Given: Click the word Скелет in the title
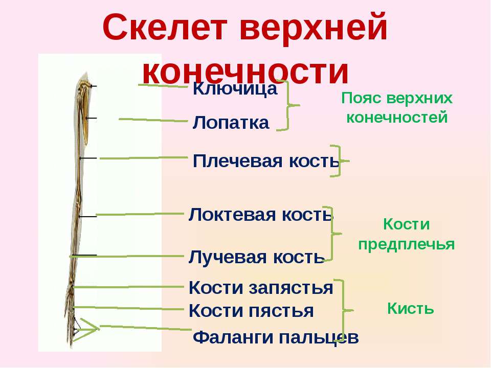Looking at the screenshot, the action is (x=165, y=28).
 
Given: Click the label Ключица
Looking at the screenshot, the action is (x=235, y=88).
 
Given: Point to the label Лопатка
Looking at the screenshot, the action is (x=231, y=122).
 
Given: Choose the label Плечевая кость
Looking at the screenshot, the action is (x=266, y=161).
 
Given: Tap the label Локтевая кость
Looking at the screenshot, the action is (x=260, y=215).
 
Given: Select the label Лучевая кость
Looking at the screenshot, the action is (x=256, y=257).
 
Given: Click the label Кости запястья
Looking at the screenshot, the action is (x=260, y=288).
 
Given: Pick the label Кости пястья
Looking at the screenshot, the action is (x=251, y=311).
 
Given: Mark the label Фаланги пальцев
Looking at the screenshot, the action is (x=276, y=338).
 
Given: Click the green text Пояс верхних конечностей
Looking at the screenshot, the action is (x=397, y=108).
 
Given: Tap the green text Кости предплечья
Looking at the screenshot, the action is (x=407, y=235).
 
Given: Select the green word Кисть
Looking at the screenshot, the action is (x=411, y=309).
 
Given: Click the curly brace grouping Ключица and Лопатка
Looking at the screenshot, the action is (x=288, y=105).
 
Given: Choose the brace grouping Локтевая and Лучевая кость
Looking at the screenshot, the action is (x=332, y=234).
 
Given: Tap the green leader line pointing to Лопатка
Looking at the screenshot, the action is (x=153, y=120).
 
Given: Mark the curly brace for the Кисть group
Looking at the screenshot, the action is (x=344, y=310).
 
